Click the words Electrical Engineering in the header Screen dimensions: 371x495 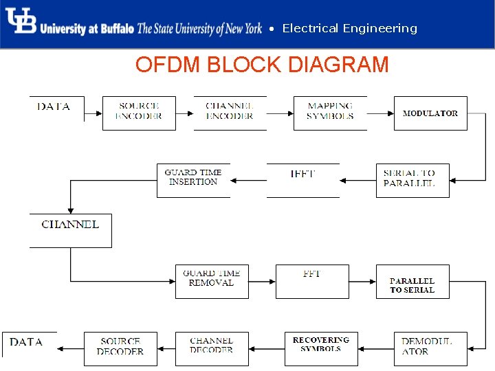(349, 28)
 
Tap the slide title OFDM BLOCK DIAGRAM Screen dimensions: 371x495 (262, 65)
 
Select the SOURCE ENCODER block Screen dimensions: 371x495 (139, 113)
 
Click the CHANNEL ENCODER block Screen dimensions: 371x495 (230, 113)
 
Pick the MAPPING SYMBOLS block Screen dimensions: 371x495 (330, 113)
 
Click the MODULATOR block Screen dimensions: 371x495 (430, 113)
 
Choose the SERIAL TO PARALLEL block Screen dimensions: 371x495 (412, 180)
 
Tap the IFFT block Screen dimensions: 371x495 (302, 180)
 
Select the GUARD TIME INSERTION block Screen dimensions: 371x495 (193, 180)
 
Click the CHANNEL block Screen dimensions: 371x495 (70, 230)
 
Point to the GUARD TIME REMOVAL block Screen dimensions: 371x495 (212, 281)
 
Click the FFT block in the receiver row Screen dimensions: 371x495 (311, 281)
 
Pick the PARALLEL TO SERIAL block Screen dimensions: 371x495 (412, 281)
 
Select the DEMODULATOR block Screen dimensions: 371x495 (430, 348)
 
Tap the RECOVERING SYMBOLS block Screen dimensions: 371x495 (321, 348)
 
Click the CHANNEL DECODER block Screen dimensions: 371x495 (212, 348)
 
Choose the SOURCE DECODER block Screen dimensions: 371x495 (120, 348)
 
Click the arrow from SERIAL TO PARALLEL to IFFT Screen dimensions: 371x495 (357, 181)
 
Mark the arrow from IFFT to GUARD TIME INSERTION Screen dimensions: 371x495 (248, 181)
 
